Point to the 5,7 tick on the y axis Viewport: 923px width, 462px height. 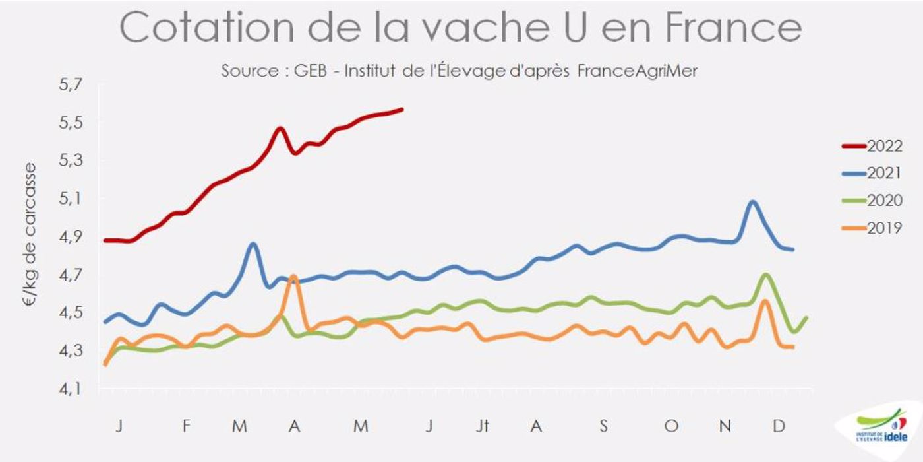click(x=65, y=84)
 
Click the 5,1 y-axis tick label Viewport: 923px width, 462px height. click(x=65, y=198)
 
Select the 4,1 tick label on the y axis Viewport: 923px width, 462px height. click(x=65, y=389)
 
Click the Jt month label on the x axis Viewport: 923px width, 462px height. click(x=483, y=427)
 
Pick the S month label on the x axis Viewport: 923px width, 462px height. click(x=603, y=427)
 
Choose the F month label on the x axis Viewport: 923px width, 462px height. click(x=187, y=427)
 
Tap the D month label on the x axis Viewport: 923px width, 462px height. click(x=779, y=427)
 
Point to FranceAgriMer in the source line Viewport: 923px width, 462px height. click(x=637, y=71)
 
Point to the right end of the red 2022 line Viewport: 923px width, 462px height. click(x=402, y=109)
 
